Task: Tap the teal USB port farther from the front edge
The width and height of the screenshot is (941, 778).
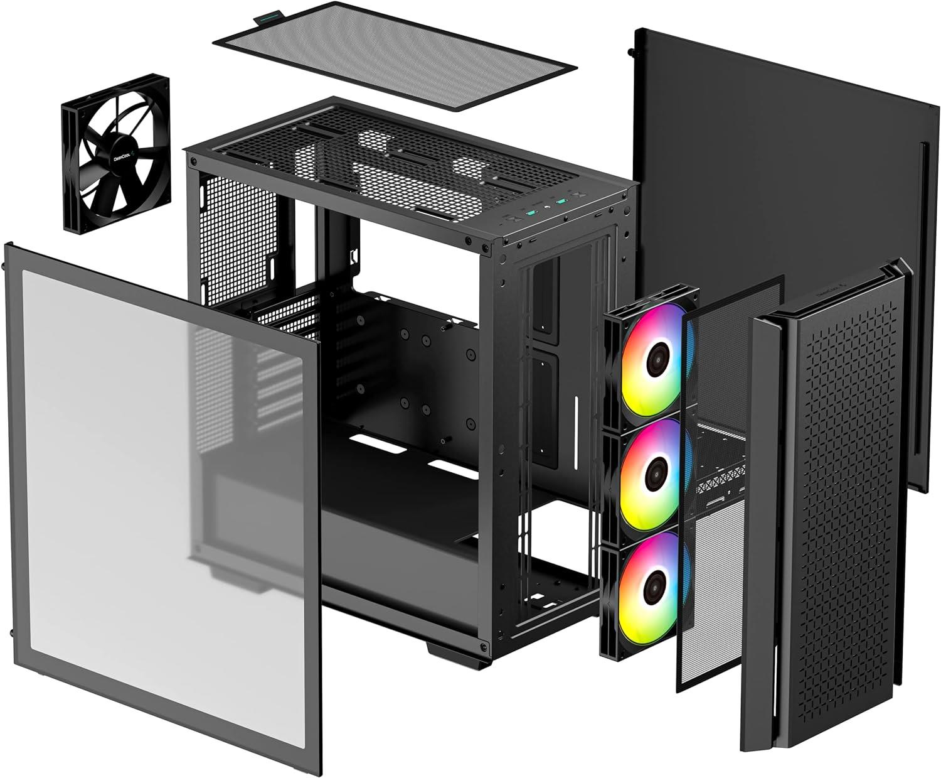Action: pos(558,201)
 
